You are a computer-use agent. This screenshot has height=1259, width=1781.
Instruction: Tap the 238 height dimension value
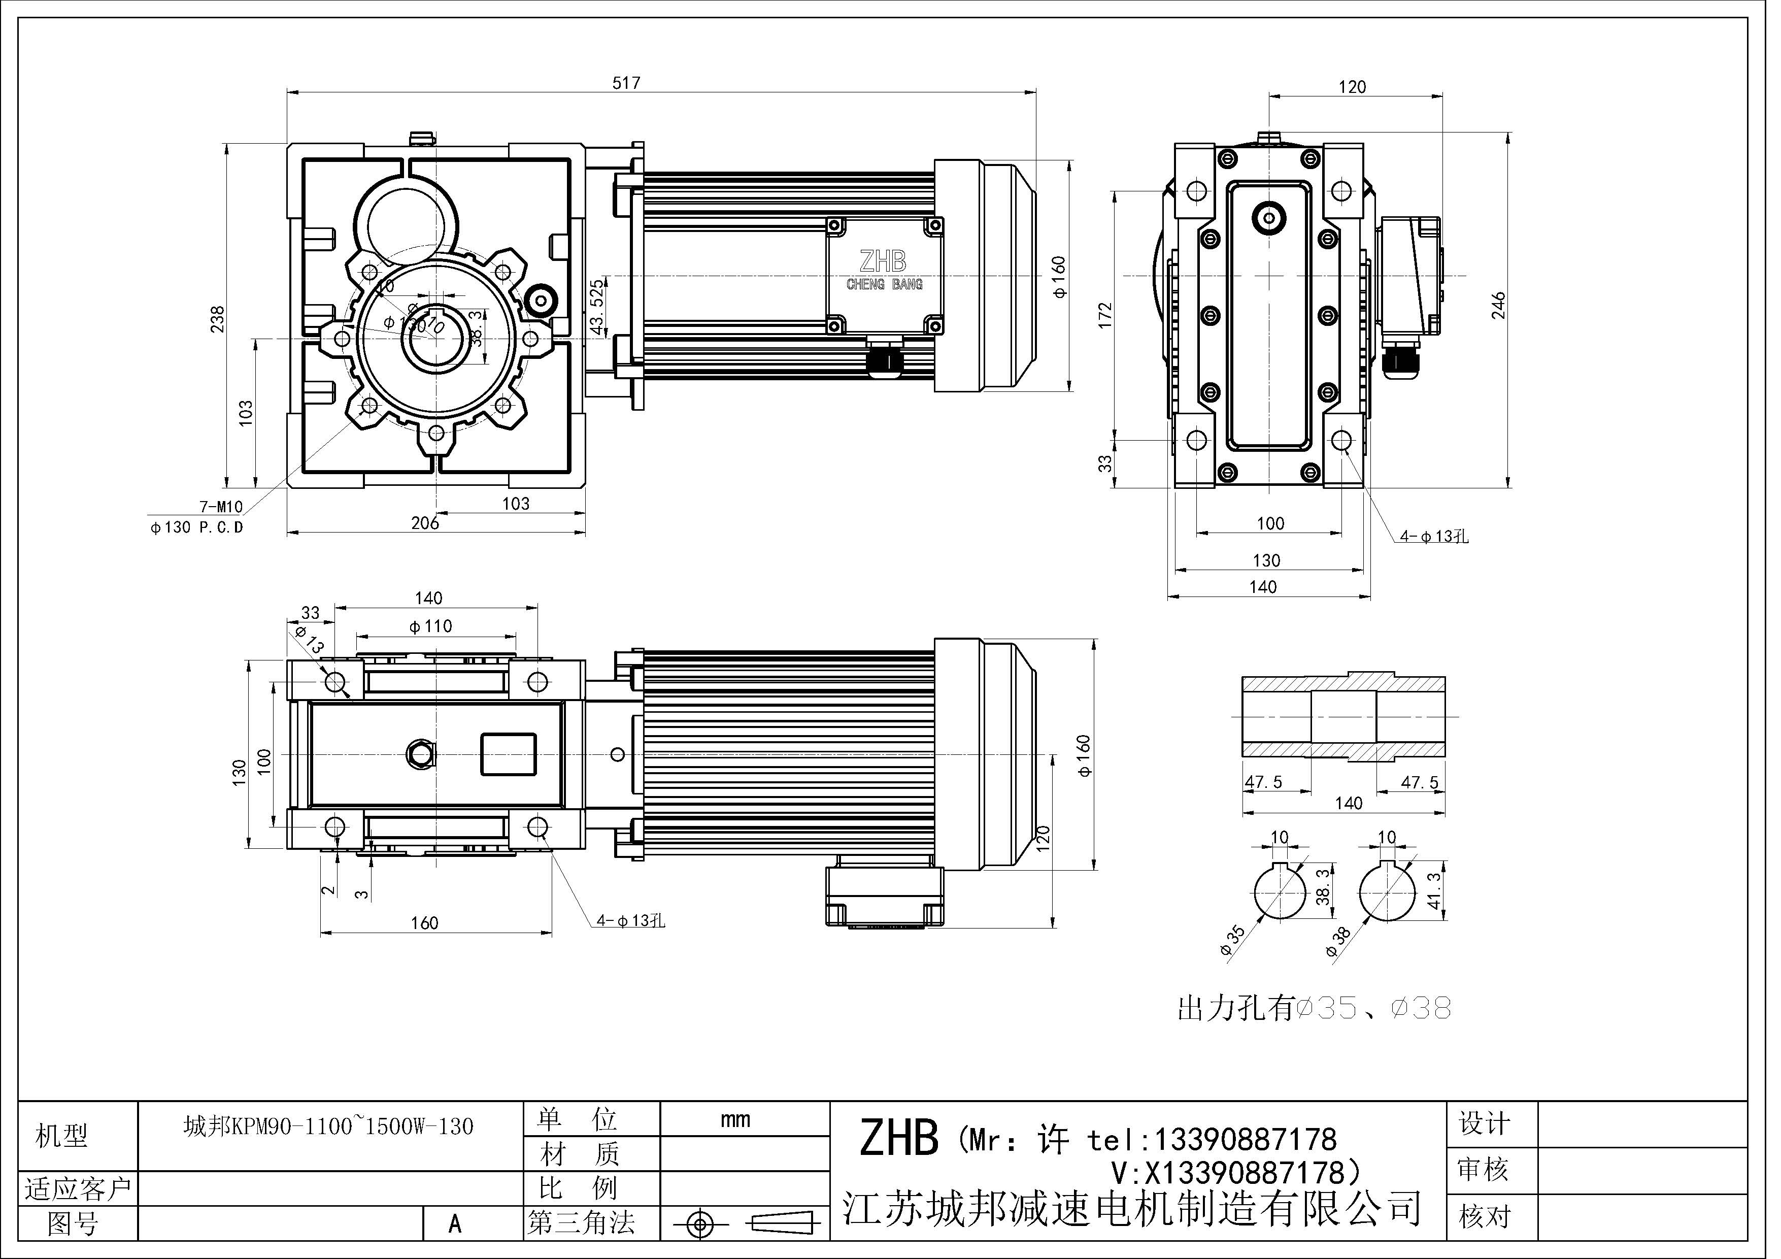[218, 319]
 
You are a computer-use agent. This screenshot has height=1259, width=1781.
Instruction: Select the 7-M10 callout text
[221, 507]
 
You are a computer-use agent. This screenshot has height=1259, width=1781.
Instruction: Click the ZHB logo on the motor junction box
[883, 261]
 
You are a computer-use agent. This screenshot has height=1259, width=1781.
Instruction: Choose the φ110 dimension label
[430, 626]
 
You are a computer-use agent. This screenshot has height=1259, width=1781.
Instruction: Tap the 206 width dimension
[425, 523]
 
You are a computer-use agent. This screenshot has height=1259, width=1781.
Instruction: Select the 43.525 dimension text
[596, 307]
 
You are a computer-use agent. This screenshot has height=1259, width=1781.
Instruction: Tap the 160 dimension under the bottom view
[424, 923]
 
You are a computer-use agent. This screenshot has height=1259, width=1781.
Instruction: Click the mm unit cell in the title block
[734, 1119]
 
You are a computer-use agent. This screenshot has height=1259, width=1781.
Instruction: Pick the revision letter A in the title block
[455, 1224]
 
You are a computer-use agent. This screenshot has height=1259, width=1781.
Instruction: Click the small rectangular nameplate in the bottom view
[508, 754]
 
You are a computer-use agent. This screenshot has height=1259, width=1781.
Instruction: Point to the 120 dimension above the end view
[1352, 87]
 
